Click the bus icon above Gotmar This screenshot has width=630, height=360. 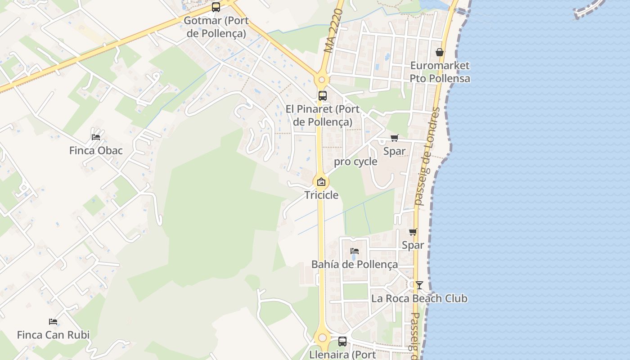pyautogui.click(x=216, y=7)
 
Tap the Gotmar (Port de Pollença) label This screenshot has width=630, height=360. pyautogui.click(x=216, y=27)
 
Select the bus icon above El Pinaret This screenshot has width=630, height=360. pyautogui.click(x=323, y=95)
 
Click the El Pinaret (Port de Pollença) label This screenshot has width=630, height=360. pyautogui.click(x=323, y=115)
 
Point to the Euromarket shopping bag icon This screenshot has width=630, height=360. pyautogui.click(x=440, y=53)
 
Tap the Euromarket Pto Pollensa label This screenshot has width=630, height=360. pyautogui.click(x=440, y=72)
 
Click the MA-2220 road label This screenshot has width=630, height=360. pyautogui.click(x=333, y=31)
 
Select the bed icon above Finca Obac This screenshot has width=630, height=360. pyautogui.click(x=96, y=137)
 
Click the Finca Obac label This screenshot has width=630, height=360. pyautogui.click(x=96, y=150)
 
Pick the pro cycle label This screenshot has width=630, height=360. pyautogui.click(x=355, y=162)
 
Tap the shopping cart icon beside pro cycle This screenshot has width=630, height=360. pyautogui.click(x=395, y=138)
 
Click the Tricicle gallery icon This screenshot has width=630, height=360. pyautogui.click(x=321, y=182)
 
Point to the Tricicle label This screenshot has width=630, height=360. pyautogui.click(x=321, y=195)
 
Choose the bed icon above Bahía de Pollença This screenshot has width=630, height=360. pyautogui.click(x=355, y=251)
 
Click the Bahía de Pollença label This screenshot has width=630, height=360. pyautogui.click(x=355, y=264)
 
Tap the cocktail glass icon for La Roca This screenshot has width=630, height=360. pyautogui.click(x=419, y=285)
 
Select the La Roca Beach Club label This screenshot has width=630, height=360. pyautogui.click(x=419, y=298)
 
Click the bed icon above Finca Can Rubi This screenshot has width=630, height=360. pyautogui.click(x=53, y=322)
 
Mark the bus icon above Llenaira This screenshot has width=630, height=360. pyautogui.click(x=342, y=341)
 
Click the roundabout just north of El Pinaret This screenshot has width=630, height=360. pyautogui.click(x=321, y=80)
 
